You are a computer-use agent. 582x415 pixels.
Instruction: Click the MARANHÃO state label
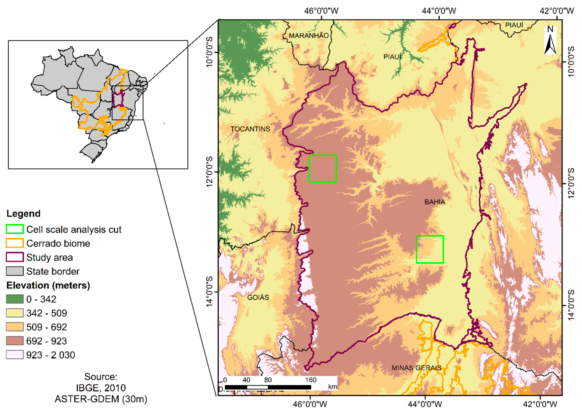(308, 36)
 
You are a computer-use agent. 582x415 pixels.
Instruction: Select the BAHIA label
(435, 202)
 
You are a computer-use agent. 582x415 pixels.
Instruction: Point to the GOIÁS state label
(258, 297)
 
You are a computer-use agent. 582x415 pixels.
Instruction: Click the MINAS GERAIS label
(416, 368)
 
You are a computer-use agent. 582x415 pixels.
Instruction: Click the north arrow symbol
(550, 41)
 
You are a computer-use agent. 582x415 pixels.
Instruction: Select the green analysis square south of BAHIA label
(430, 249)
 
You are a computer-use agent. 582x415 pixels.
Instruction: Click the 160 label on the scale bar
(311, 380)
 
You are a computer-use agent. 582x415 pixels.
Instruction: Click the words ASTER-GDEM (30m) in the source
(101, 399)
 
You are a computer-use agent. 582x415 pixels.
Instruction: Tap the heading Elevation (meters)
(48, 285)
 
